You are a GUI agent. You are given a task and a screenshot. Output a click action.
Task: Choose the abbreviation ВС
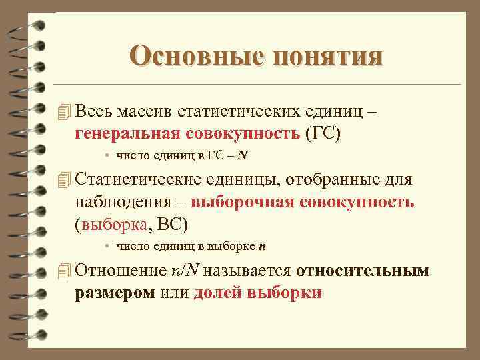(x=175, y=223)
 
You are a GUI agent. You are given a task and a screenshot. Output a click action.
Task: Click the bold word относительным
(x=362, y=271)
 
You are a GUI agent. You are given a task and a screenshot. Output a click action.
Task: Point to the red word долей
(x=217, y=292)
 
